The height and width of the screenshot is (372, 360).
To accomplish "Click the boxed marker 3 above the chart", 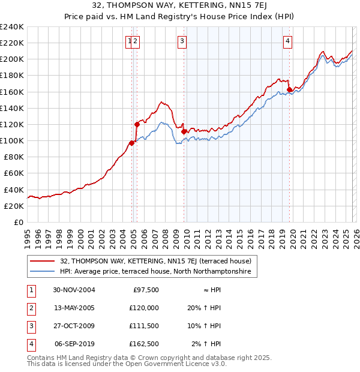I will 181,41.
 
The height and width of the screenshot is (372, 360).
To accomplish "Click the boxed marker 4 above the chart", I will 288,41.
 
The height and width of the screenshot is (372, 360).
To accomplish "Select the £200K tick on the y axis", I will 12,59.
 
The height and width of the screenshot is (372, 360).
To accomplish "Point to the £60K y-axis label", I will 14,173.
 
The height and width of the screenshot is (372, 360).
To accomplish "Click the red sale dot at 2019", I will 289,90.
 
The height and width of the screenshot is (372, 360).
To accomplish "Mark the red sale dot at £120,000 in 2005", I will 137,124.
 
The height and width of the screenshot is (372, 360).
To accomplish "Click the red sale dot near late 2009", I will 184,131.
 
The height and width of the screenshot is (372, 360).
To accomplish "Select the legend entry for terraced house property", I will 159,261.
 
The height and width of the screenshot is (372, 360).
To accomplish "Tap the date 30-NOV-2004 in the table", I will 74,290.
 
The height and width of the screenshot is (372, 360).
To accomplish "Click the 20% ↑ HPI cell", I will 206,308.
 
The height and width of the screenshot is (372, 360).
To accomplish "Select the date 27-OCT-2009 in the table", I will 74,326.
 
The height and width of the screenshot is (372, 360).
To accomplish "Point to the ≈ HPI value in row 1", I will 209,290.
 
